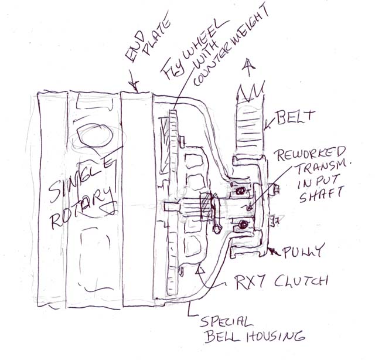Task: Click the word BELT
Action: [x=294, y=117]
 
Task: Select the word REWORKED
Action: [x=311, y=154]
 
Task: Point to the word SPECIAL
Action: [x=226, y=321]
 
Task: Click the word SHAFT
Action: [x=321, y=193]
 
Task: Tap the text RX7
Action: [x=250, y=282]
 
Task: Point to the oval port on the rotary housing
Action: [x=96, y=135]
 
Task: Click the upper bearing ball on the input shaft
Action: [x=240, y=191]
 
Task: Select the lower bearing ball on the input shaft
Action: [x=243, y=225]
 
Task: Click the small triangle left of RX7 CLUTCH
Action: [x=200, y=270]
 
